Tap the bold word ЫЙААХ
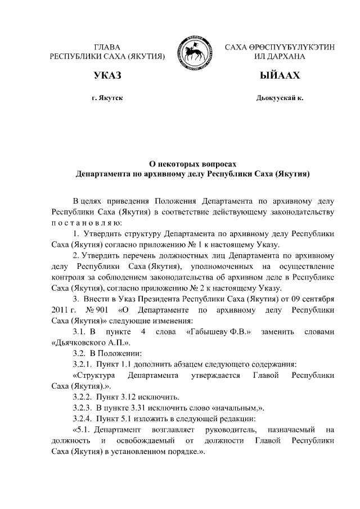(x=280, y=75)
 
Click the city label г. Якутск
(x=107, y=98)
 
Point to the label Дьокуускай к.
(x=280, y=98)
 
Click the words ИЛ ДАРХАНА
(x=280, y=56)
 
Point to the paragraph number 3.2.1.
(x=83, y=364)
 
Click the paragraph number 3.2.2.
(x=83, y=397)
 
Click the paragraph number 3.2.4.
(x=83, y=418)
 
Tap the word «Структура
(x=94, y=375)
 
